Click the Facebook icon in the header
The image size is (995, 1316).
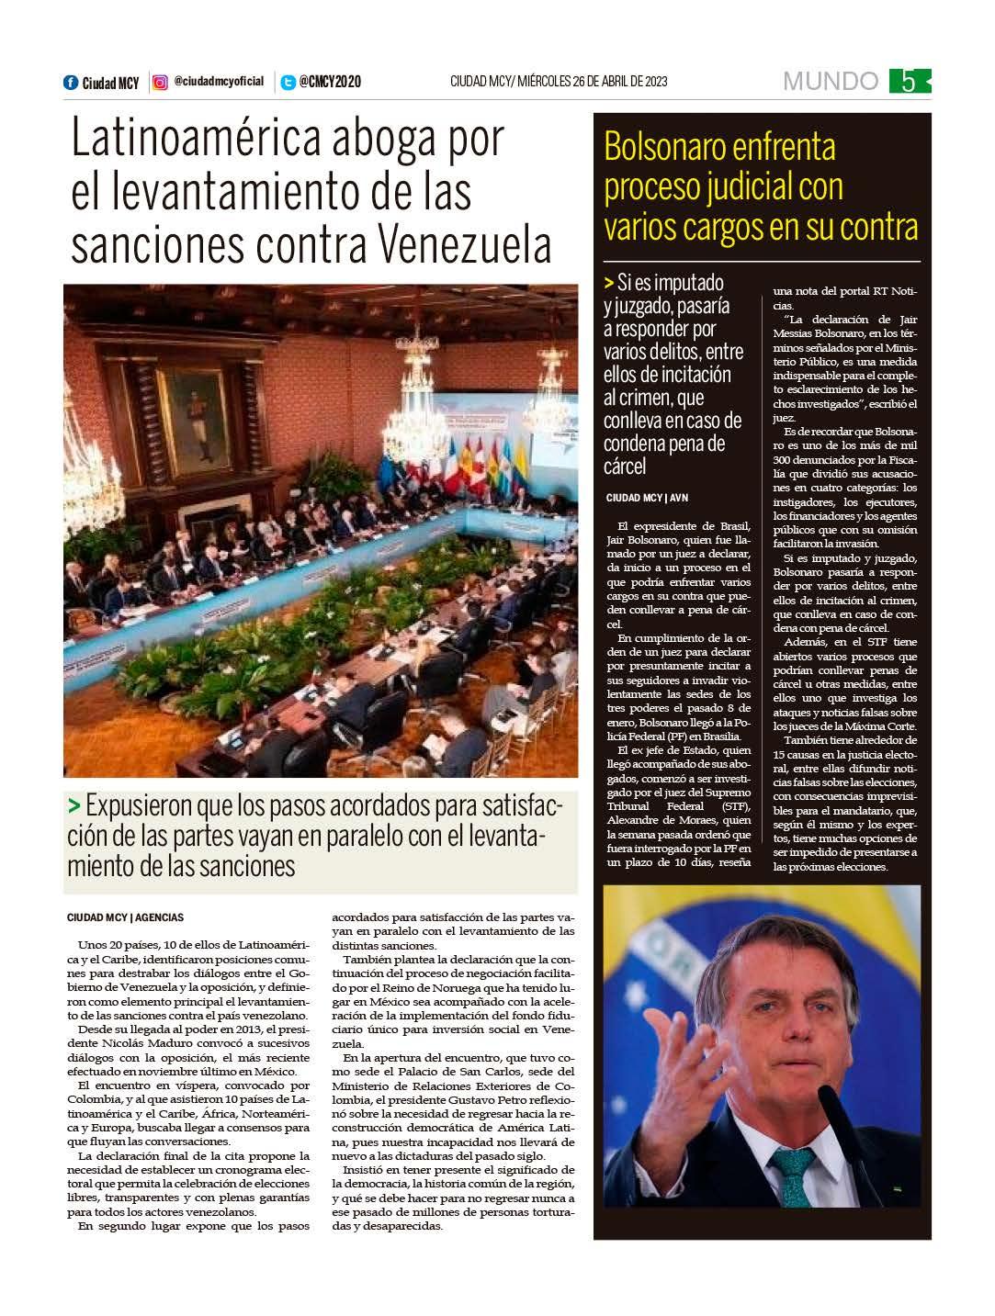71,83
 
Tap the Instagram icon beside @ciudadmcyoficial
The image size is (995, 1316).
160,83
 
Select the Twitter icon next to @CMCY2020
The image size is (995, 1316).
288,83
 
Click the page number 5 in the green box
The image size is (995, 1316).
908,82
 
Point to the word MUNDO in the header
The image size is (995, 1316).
830,82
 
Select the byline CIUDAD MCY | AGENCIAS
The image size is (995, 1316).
126,917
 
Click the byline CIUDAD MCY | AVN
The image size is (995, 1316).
647,498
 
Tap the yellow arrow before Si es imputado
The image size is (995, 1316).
610,283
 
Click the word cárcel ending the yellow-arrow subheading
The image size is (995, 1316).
625,467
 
